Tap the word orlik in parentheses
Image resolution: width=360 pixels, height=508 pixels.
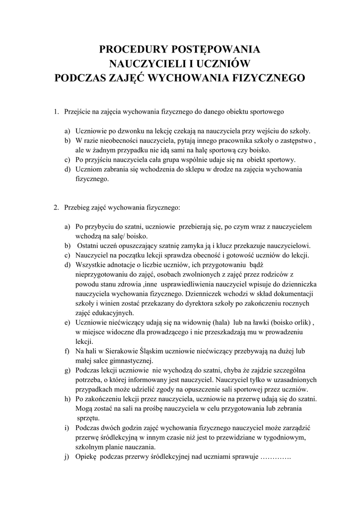(299, 322)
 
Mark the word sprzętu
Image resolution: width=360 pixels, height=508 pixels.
(89, 418)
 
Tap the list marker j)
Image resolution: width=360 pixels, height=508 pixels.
(67, 457)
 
